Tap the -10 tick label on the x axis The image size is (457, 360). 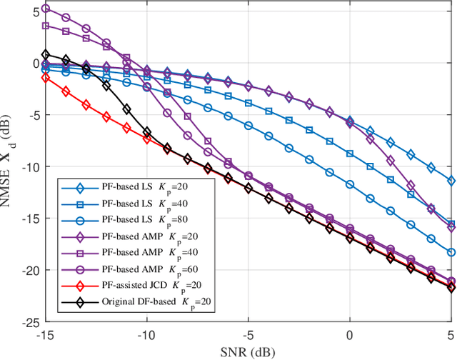pyautogui.click(x=147, y=335)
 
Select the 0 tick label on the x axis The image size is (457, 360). pyautogui.click(x=350, y=335)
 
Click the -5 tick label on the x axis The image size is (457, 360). pyautogui.click(x=248, y=335)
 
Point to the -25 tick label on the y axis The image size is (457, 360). pyautogui.click(x=30, y=322)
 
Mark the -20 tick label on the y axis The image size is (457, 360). pyautogui.click(x=30, y=271)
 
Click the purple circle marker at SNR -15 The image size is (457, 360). pyautogui.click(x=46, y=9)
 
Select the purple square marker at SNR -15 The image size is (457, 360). pyautogui.click(x=46, y=26)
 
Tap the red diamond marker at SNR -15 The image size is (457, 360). pyautogui.click(x=46, y=77)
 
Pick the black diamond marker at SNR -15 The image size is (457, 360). pyautogui.click(x=46, y=54)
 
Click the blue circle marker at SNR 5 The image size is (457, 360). pyautogui.click(x=451, y=252)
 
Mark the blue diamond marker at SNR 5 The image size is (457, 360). pyautogui.click(x=451, y=181)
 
